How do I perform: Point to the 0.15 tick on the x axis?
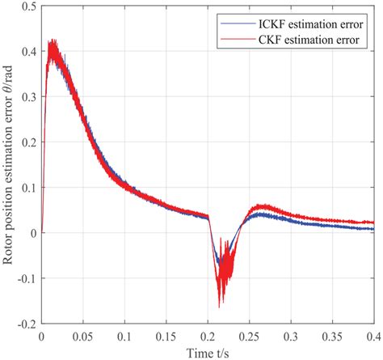[166, 333]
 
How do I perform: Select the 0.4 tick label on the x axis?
[373, 333]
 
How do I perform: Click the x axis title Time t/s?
[208, 349]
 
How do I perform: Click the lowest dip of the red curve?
[219, 306]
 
